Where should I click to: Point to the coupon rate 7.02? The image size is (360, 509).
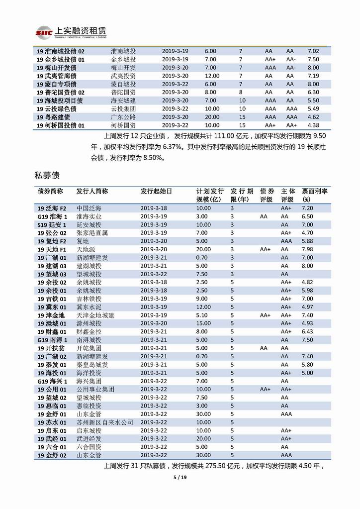[x=313, y=51]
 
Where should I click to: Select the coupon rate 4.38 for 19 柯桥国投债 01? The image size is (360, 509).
[x=313, y=125]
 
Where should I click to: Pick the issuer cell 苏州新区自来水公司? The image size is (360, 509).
[x=105, y=422]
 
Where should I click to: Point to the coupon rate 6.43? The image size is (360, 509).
[x=307, y=331]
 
